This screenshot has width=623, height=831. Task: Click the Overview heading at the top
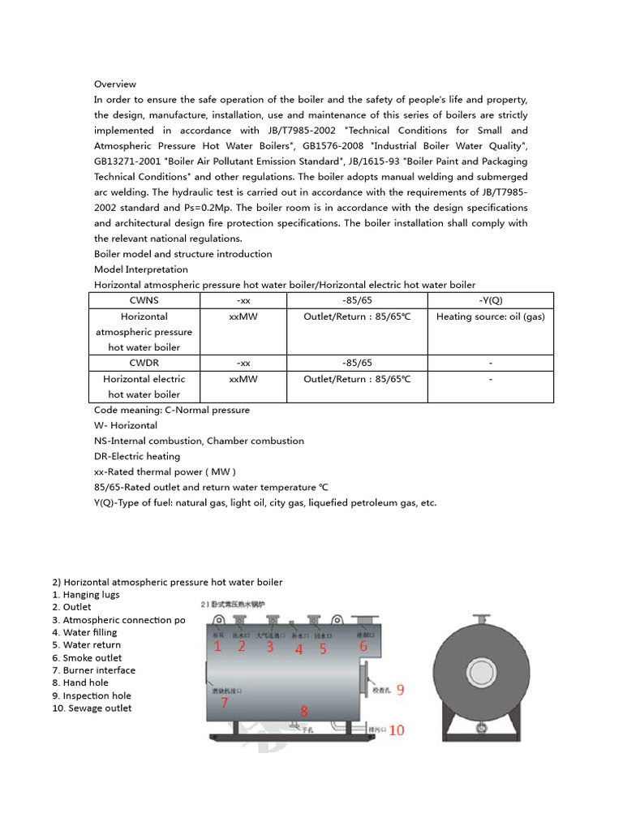[x=115, y=84]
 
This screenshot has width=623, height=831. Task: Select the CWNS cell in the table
[x=144, y=300]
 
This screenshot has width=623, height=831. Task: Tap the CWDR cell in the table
[x=144, y=363]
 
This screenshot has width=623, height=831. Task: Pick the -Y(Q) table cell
[x=491, y=300]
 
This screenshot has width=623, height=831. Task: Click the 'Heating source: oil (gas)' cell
[x=491, y=316]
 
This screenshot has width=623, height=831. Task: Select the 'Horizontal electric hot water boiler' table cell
[x=144, y=386]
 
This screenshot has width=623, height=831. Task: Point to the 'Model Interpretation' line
[x=141, y=269]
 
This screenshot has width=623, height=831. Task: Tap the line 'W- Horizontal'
[x=126, y=425]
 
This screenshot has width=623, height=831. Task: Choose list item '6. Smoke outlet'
[x=92, y=658]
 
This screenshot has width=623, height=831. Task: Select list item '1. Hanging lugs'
[x=86, y=595]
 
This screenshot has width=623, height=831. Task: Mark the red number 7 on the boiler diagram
[x=225, y=703]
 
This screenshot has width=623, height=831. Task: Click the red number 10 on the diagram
[x=397, y=730]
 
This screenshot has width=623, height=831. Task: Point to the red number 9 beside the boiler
[x=400, y=690]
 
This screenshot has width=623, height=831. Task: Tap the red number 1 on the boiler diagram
[x=217, y=647]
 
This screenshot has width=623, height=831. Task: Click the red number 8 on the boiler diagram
[x=304, y=712]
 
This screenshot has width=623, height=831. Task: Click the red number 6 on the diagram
[x=363, y=647]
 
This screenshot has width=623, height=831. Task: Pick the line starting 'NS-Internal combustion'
[x=199, y=441]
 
